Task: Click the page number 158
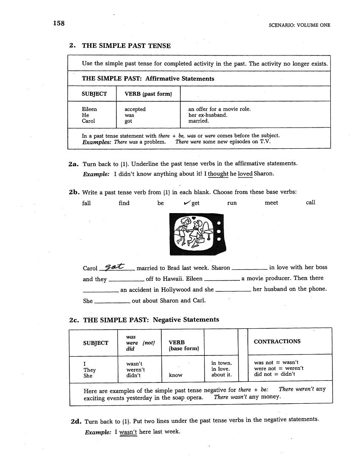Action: (58, 23)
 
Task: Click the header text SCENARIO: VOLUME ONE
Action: (299, 25)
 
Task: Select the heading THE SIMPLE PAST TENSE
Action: (126, 46)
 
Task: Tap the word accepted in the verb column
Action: (135, 109)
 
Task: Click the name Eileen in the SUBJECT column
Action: (89, 109)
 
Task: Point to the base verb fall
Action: (86, 203)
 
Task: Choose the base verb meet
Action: (271, 203)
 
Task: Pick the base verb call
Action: (310, 202)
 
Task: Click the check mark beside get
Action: (186, 202)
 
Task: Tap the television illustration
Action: (197, 234)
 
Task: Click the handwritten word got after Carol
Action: (115, 266)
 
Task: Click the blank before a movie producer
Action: (222, 280)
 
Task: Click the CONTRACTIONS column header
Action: (277, 341)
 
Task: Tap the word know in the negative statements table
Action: (175, 375)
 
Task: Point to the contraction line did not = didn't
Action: (274, 374)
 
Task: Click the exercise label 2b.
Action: (75, 192)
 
